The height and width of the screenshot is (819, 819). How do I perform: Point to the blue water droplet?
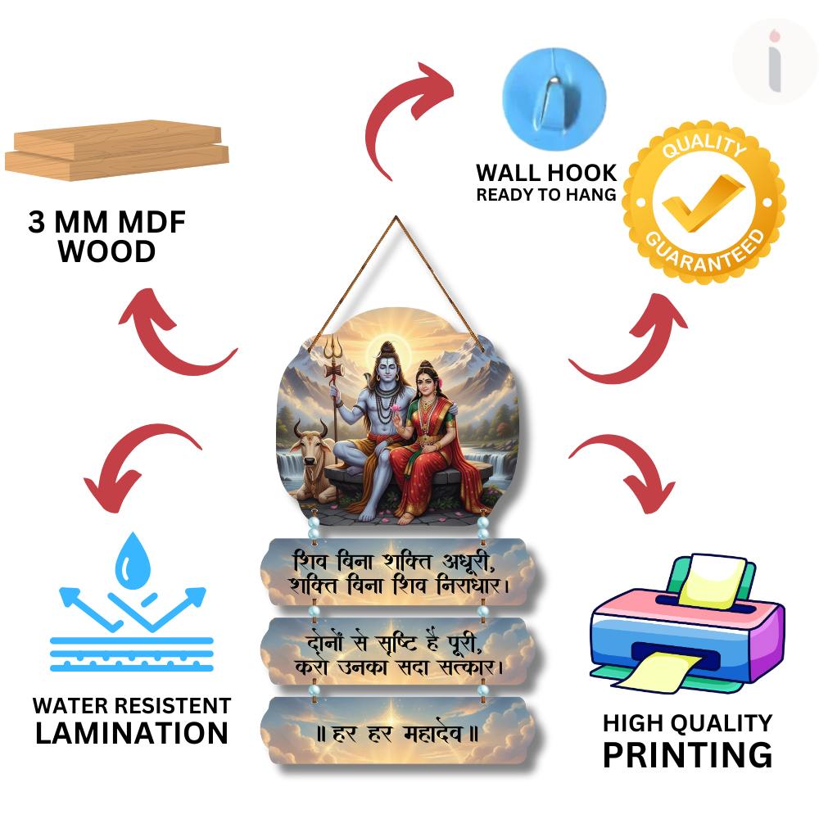[x=131, y=561]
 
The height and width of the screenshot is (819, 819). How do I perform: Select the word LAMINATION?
[x=132, y=732]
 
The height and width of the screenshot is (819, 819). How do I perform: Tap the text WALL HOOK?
[x=546, y=173]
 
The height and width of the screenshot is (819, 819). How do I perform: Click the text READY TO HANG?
[x=546, y=195]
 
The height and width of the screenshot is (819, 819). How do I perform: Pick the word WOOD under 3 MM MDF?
[x=107, y=251]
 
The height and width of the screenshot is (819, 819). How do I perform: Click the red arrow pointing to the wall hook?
[x=409, y=115]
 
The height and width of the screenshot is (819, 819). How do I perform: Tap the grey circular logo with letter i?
[x=774, y=61]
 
